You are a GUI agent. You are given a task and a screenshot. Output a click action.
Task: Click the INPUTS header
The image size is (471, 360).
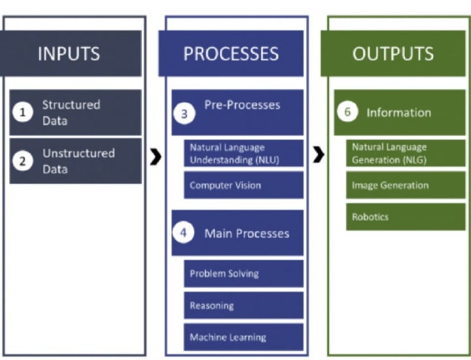pyautogui.click(x=69, y=53)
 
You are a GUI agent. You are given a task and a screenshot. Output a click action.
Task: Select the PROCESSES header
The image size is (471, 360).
pyautogui.click(x=231, y=53)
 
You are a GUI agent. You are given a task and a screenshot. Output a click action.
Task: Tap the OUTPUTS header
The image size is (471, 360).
pyautogui.click(x=392, y=53)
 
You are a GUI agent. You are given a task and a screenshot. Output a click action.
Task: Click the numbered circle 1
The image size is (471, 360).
pyautogui.click(x=23, y=113)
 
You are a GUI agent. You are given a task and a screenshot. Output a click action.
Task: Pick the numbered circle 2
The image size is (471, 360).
pyautogui.click(x=23, y=161)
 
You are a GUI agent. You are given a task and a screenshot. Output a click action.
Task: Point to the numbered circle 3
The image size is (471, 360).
pyautogui.click(x=184, y=113)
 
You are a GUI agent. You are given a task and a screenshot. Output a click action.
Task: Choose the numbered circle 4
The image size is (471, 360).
pyautogui.click(x=184, y=234)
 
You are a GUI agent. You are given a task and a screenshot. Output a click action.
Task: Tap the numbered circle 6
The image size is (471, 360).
pyautogui.click(x=347, y=112)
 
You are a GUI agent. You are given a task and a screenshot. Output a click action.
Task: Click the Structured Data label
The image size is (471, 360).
pyautogui.click(x=71, y=113)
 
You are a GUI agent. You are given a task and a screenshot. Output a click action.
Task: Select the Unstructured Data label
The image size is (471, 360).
pyautogui.click(x=78, y=161)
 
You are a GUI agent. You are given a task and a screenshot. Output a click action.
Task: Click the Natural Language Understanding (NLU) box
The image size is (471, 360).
pyautogui.click(x=243, y=154)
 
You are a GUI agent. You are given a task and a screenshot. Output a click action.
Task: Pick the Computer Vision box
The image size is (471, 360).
pyautogui.click(x=243, y=185)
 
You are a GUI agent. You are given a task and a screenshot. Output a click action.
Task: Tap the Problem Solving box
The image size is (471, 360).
pyautogui.click(x=243, y=274)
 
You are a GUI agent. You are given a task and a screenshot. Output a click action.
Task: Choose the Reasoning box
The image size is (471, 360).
pyautogui.click(x=243, y=306)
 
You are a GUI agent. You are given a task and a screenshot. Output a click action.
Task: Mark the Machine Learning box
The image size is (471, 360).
pyautogui.click(x=243, y=337)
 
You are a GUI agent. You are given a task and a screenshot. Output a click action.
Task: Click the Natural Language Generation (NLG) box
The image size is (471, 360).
pyautogui.click(x=406, y=153)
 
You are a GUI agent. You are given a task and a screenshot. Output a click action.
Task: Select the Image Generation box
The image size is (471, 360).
pyautogui.click(x=406, y=185)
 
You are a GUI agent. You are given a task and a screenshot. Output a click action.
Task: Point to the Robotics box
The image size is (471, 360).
pyautogui.click(x=406, y=217)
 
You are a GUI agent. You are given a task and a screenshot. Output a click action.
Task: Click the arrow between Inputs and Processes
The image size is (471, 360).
pyautogui.click(x=156, y=157)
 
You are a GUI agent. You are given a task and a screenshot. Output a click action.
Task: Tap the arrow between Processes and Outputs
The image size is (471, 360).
pyautogui.click(x=318, y=154)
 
